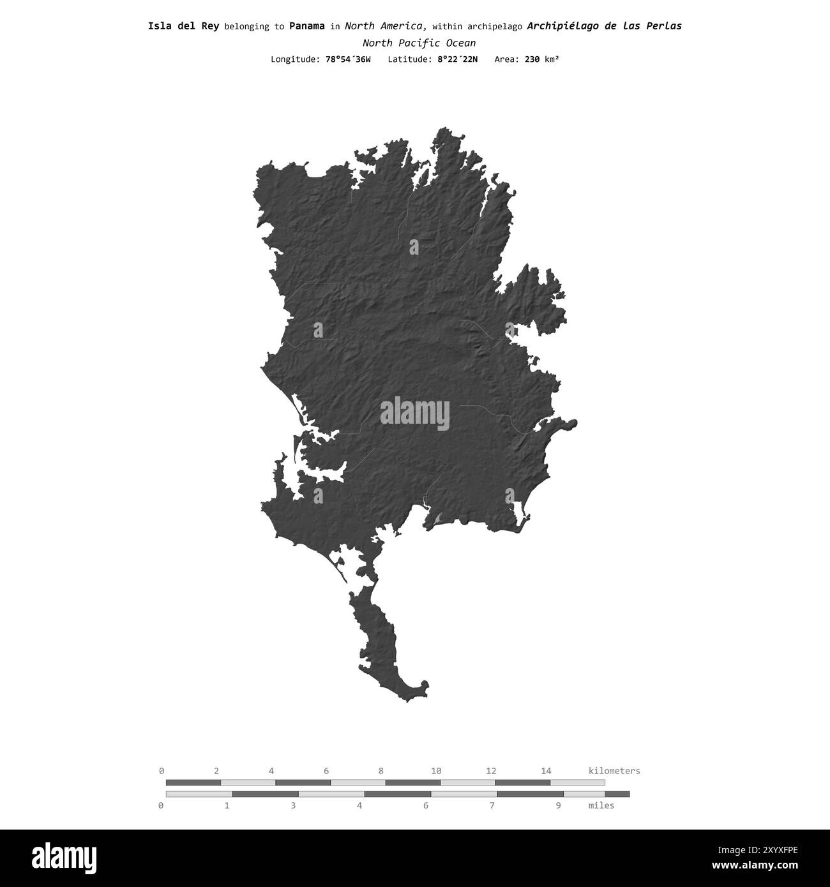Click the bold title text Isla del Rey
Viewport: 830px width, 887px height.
(183, 26)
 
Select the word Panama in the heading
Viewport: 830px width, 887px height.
(306, 26)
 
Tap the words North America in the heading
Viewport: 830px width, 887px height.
(385, 26)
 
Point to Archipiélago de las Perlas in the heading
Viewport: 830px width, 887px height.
(604, 26)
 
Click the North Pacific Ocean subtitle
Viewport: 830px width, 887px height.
(419, 43)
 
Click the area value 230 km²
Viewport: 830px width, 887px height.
(541, 59)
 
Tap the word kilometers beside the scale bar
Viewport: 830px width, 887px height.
(614, 771)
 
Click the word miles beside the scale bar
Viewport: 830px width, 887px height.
(601, 805)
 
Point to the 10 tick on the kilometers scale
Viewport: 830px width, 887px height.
(436, 771)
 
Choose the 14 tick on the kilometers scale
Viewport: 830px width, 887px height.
(546, 771)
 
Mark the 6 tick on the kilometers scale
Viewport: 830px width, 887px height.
(326, 771)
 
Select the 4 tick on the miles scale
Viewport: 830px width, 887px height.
(359, 805)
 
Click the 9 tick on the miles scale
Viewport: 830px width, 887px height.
(558, 805)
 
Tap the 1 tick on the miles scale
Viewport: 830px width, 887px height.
(227, 805)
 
